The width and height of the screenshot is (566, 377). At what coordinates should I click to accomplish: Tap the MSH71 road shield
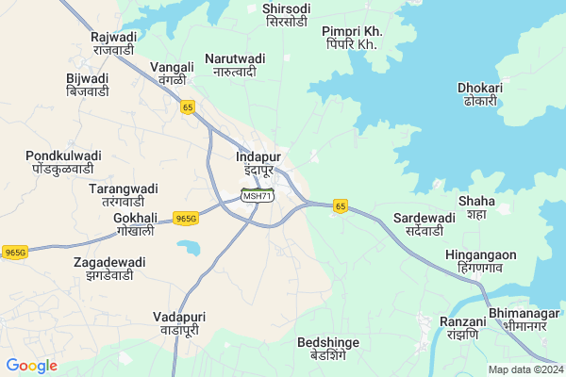(x=257, y=195)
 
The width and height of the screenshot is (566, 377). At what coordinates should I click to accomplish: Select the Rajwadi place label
(x=113, y=42)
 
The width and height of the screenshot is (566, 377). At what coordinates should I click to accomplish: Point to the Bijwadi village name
(x=87, y=85)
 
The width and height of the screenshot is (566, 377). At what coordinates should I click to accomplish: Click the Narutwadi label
(x=239, y=65)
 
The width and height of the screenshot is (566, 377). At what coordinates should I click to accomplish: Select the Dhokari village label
(x=479, y=94)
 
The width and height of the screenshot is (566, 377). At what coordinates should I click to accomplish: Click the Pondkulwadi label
(x=64, y=161)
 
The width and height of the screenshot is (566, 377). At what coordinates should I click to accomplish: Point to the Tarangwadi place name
(x=116, y=195)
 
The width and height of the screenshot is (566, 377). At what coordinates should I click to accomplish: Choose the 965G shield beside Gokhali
(x=186, y=219)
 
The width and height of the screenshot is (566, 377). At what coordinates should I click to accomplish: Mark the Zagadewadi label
(x=109, y=269)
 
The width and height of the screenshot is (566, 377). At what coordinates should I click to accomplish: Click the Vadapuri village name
(x=179, y=325)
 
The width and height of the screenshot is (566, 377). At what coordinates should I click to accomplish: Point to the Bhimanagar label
(x=524, y=318)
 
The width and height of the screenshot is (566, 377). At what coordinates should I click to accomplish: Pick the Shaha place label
(x=475, y=207)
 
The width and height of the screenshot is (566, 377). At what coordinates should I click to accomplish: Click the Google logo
(x=31, y=366)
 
